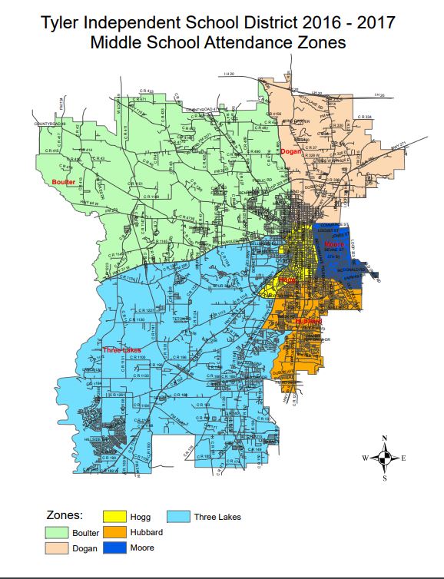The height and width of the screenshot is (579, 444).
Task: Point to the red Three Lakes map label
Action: pyautogui.click(x=121, y=350)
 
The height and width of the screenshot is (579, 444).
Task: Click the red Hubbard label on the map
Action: pyautogui.click(x=307, y=321)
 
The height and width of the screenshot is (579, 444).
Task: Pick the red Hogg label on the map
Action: pyautogui.click(x=288, y=282)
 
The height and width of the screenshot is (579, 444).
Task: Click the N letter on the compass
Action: pyautogui.click(x=384, y=438)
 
